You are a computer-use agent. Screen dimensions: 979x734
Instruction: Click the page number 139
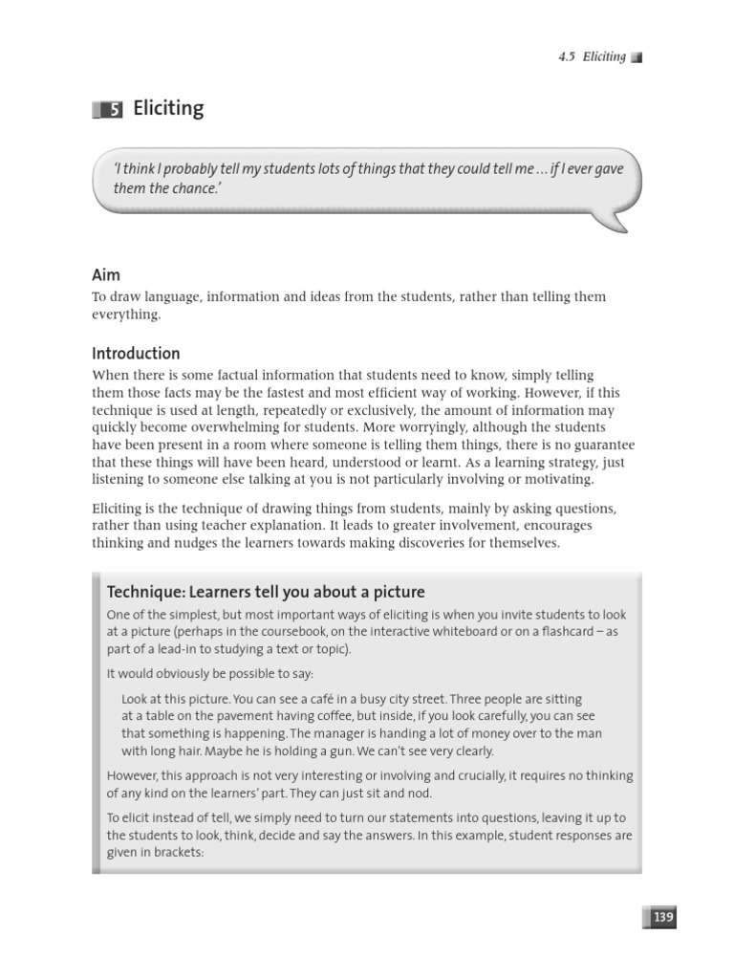coord(663,917)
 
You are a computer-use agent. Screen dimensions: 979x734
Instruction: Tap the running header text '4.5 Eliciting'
coord(592,56)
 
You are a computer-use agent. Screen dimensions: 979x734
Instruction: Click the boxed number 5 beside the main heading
coord(114,110)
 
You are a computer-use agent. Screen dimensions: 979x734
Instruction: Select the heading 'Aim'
coord(106,274)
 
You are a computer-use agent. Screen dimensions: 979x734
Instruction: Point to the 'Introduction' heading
coord(136,353)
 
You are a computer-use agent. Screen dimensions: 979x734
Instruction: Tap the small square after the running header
coord(637,57)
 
